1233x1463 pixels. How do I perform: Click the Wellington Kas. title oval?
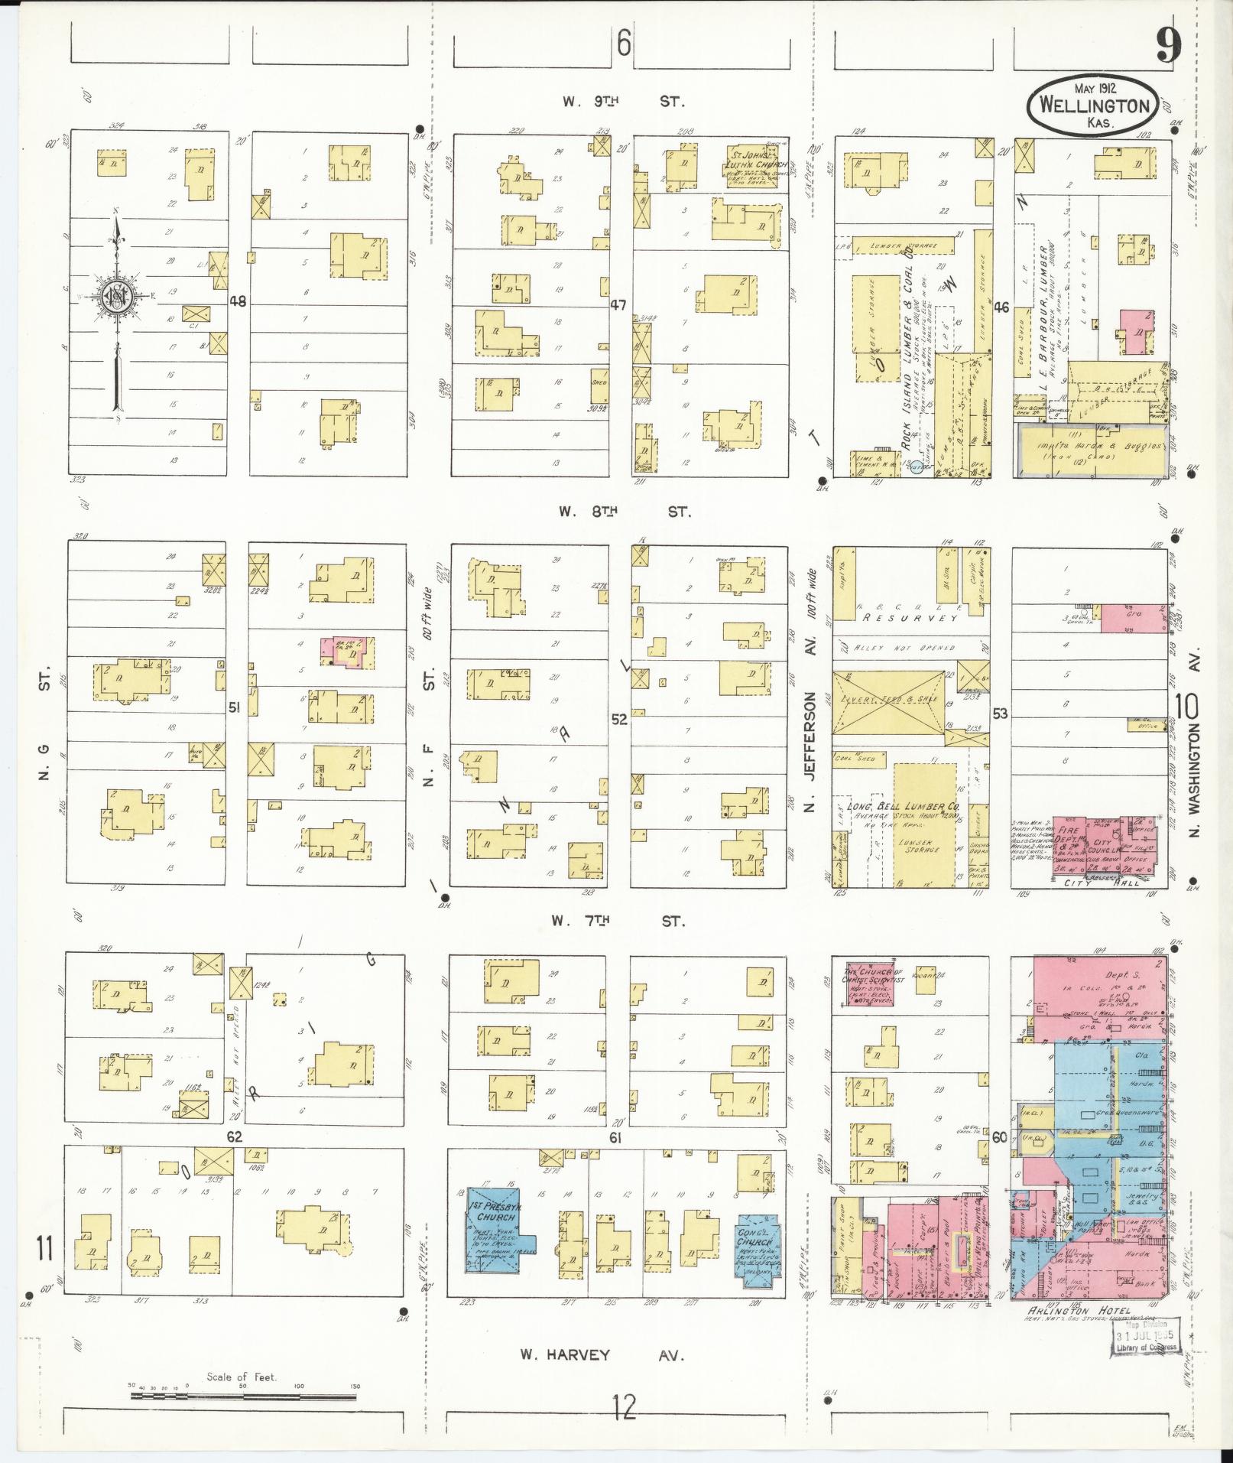1093,105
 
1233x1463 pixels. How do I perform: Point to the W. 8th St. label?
623,512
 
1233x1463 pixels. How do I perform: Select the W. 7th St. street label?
618,922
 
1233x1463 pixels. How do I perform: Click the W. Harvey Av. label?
601,1355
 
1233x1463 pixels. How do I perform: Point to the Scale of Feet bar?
243,1396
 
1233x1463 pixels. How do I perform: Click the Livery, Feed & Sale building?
887,702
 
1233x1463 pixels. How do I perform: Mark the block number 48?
238,301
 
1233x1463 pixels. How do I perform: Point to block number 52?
618,719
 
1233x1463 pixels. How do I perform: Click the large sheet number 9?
1166,46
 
